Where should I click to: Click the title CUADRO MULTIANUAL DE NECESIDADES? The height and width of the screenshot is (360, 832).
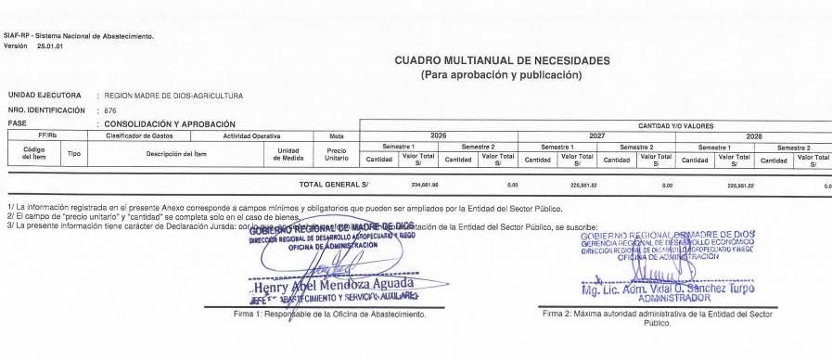click(502, 60)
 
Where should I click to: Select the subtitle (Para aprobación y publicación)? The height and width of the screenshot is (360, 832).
click(502, 74)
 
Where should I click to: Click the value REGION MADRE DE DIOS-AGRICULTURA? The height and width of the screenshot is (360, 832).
click(173, 96)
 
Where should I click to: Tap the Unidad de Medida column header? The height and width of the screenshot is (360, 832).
click(288, 154)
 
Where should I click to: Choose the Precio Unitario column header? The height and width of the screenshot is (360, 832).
click(337, 154)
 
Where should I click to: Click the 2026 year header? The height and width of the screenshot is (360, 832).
click(439, 135)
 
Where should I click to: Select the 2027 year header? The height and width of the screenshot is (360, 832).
click(596, 135)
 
